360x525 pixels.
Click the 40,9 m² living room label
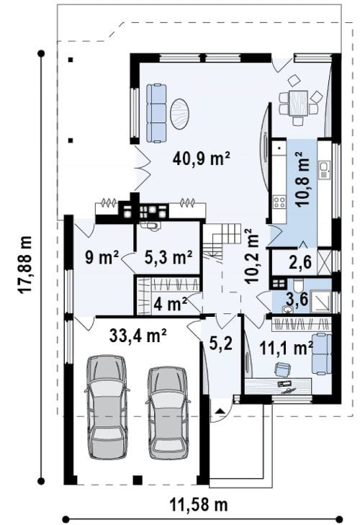click(x=202, y=158)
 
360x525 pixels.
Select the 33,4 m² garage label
click(x=138, y=336)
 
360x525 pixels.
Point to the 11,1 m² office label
click(x=287, y=349)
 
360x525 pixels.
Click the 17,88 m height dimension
click(x=25, y=265)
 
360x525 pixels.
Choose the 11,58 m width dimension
click(x=199, y=504)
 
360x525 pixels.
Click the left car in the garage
click(x=107, y=406)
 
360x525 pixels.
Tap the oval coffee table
click(x=179, y=114)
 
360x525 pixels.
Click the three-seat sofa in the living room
click(x=156, y=114)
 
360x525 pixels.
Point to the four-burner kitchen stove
click(x=279, y=202)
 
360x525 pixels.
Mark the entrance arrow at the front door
click(x=220, y=410)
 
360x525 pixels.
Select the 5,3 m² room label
click(x=168, y=257)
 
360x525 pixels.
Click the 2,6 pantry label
click(x=300, y=262)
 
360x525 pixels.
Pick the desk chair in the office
click(x=282, y=369)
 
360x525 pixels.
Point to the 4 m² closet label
click(x=170, y=304)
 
